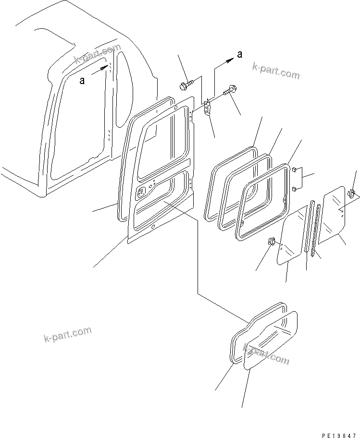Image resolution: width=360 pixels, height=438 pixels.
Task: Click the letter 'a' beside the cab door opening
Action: click(83, 81)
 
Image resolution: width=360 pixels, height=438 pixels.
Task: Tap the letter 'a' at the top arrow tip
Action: click(239, 54)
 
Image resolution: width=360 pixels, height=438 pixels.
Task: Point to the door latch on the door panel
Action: click(142, 193)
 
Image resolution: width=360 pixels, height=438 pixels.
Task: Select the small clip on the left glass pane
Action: click(271, 242)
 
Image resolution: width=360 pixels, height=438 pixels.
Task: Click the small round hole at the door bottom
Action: click(153, 227)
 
